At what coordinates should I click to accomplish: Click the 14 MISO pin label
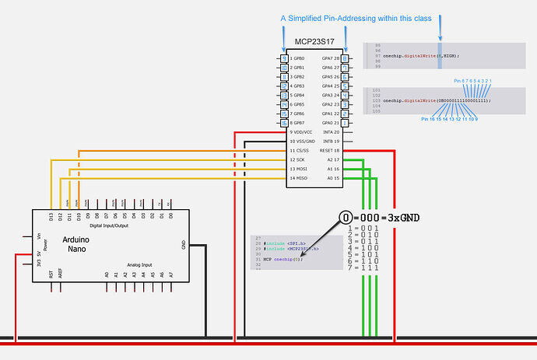(299, 178)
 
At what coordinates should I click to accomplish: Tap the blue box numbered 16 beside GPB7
(285, 123)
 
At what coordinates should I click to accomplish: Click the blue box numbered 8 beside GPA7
(345, 59)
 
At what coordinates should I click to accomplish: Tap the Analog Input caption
(138, 264)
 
